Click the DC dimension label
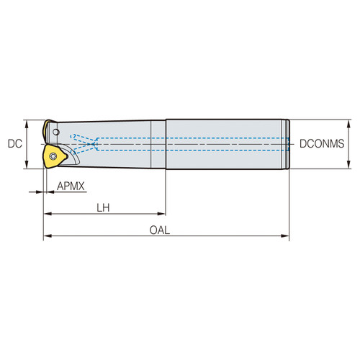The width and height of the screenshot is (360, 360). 14,144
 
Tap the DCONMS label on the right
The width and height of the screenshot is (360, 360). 322,144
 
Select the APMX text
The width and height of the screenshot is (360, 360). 71,186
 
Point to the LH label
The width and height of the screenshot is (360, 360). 105,207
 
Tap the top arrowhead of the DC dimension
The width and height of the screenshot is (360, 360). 27,122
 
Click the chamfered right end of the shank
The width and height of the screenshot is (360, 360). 287,144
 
